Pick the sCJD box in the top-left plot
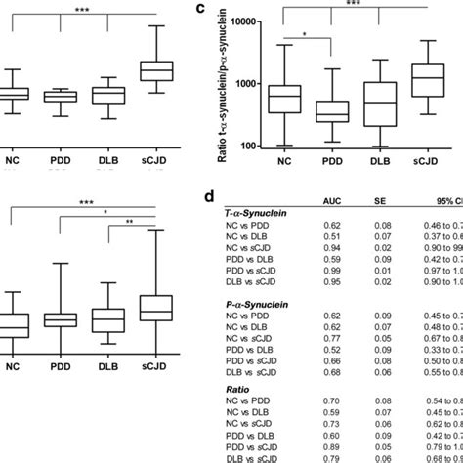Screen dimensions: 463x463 click(x=155, y=70)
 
